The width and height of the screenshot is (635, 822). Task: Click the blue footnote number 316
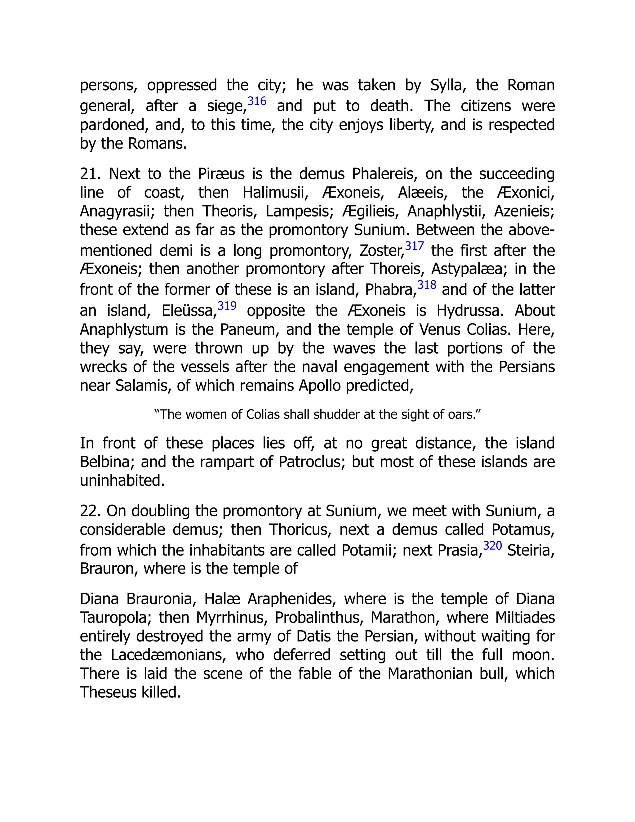(257, 101)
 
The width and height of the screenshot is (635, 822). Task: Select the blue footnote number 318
(427, 285)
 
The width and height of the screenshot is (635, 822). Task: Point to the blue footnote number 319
(227, 306)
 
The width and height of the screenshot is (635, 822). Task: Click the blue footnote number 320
(492, 545)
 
